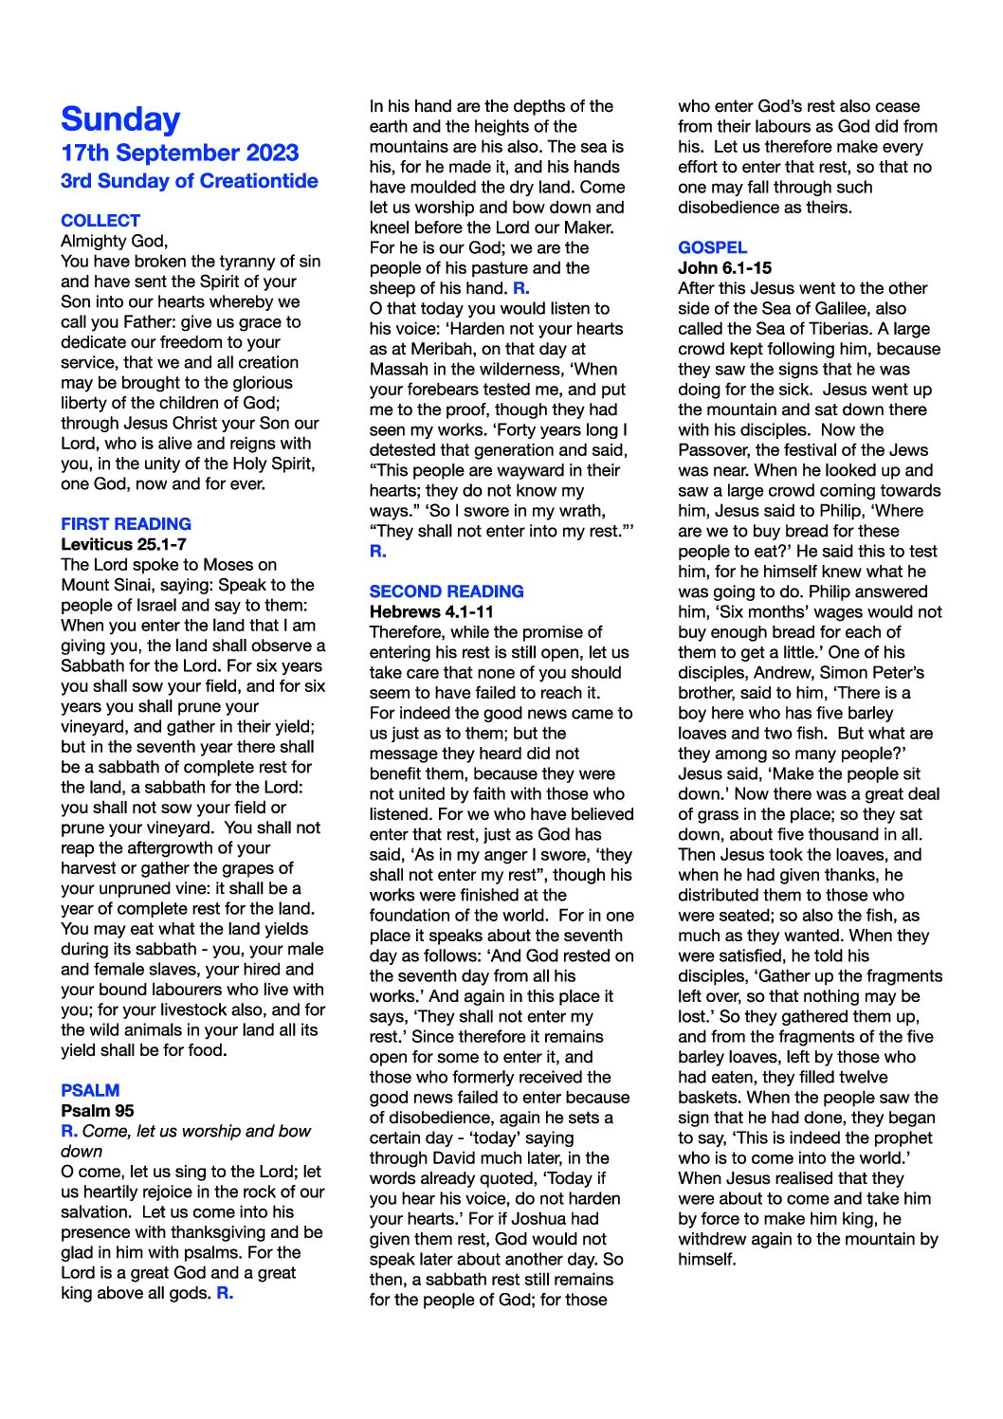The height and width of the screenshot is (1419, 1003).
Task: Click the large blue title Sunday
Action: (x=120, y=119)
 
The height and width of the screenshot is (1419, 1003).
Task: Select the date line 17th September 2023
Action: (x=179, y=153)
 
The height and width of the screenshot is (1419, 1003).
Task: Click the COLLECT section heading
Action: (x=100, y=220)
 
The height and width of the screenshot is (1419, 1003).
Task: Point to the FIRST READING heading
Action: (x=126, y=523)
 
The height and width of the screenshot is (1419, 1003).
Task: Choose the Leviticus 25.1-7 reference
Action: (x=123, y=544)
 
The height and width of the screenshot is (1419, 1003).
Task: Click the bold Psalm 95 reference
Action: (x=98, y=1110)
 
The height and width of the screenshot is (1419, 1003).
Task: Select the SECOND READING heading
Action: (x=447, y=591)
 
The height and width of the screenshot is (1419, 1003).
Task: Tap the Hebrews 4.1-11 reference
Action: (x=431, y=611)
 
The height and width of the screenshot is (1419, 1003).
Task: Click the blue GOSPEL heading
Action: (x=712, y=247)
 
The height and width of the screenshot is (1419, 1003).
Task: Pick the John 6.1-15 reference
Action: (x=724, y=268)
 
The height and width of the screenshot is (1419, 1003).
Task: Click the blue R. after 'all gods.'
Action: (x=225, y=1292)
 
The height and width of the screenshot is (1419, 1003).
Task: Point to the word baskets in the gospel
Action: (x=711, y=1097)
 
